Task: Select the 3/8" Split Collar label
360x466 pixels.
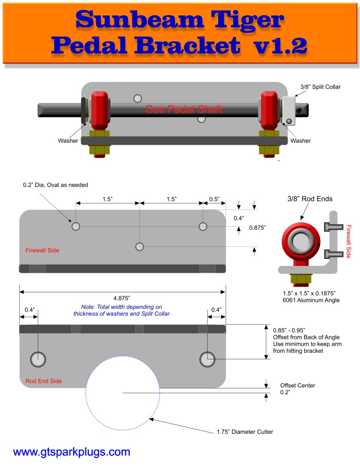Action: [x=320, y=87]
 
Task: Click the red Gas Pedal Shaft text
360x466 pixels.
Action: [x=183, y=109]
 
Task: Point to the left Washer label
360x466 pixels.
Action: [x=68, y=140]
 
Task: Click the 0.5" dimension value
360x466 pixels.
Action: [x=214, y=199]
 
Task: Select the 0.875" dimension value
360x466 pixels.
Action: [x=258, y=228]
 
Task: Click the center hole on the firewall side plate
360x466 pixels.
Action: [x=139, y=247]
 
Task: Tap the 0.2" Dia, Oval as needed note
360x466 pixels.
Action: [x=55, y=185]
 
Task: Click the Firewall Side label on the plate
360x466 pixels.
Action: [x=42, y=250]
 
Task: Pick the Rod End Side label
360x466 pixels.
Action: [x=44, y=381]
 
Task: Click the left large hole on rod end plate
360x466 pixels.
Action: [x=38, y=359]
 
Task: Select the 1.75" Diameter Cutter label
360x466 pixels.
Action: [x=244, y=432]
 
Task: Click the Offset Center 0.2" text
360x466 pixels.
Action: [x=297, y=389]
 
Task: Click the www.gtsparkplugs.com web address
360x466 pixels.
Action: [x=72, y=452]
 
